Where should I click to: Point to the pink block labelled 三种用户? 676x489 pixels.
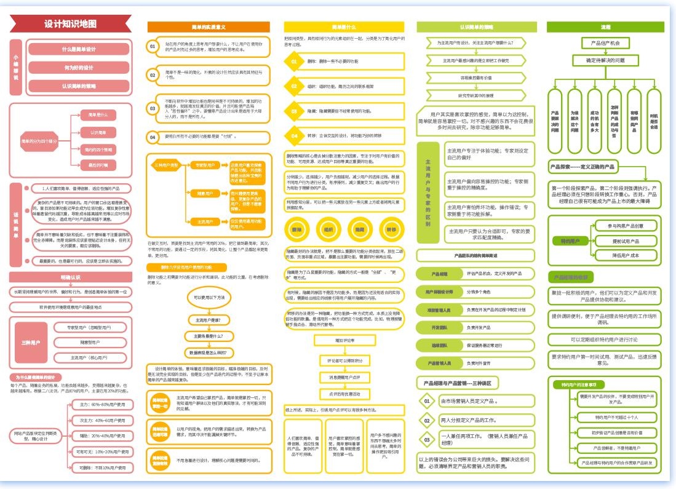point(30,342)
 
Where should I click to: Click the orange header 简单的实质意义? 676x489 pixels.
point(209,27)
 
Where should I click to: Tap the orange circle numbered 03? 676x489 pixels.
point(153,108)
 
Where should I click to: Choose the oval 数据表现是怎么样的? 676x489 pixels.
point(213,352)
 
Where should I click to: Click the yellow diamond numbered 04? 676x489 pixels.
point(294,135)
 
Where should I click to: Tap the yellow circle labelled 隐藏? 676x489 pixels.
point(360,229)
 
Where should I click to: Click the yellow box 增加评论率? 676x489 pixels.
point(344,340)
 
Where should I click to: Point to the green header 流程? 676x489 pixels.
point(605,27)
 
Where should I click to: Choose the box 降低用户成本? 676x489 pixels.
point(626,255)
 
